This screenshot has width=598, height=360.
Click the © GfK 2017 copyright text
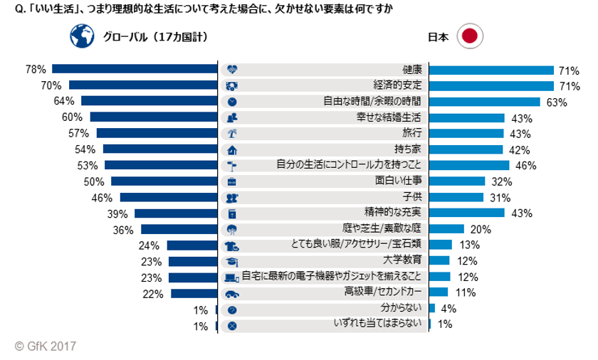point(45,346)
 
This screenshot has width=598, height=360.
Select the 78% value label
point(35,70)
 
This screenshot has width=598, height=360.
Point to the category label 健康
point(412,70)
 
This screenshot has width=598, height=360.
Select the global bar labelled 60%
point(153,117)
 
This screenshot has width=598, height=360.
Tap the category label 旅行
point(412,133)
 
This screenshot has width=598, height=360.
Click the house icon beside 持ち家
point(231,149)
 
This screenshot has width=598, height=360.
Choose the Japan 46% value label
point(525,165)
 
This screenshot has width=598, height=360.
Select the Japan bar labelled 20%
point(446,229)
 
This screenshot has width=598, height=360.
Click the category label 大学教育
point(402,261)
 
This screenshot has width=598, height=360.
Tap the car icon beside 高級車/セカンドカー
point(231,293)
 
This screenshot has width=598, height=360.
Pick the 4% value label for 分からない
point(448,309)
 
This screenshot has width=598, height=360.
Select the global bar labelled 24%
point(192,245)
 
